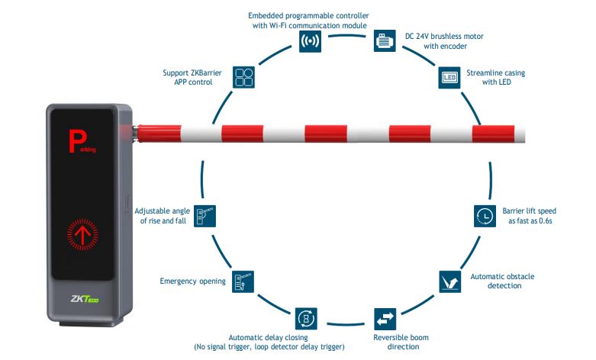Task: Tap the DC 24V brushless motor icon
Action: tap(385, 40)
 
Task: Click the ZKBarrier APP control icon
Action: tap(244, 78)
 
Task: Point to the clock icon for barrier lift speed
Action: tap(483, 216)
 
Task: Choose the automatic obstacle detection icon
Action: tap(450, 281)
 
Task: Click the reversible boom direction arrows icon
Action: tap(385, 318)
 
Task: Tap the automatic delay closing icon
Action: tap(306, 318)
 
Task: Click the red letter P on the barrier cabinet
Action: tap(76, 142)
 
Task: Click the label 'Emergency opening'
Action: tap(192, 281)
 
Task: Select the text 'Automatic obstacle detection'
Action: tap(496, 281)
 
